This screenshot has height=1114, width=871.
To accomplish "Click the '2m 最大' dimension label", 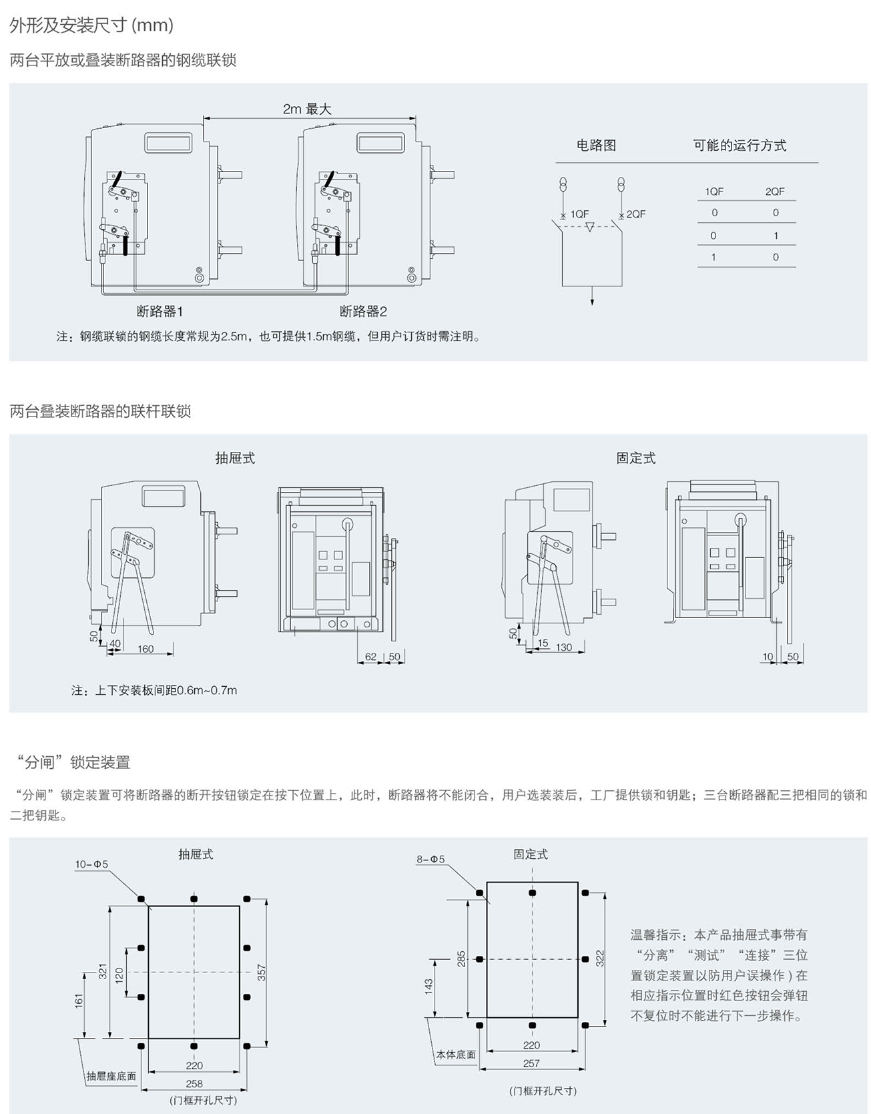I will click(307, 109).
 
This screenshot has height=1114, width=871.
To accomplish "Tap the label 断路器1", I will click(160, 311).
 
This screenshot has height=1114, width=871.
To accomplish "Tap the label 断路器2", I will click(363, 311).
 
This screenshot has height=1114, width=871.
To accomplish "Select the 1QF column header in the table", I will click(714, 192).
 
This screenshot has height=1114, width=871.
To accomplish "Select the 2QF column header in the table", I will click(775, 192).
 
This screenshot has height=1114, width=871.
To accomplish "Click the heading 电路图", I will click(596, 145).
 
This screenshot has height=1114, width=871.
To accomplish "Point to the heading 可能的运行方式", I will click(740, 145).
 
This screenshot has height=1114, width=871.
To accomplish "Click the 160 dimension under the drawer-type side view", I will click(146, 649).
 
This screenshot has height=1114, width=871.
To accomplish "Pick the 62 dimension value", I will click(371, 657).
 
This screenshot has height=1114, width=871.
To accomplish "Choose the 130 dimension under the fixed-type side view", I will click(564, 647).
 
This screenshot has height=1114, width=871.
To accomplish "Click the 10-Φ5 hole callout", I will click(91, 864).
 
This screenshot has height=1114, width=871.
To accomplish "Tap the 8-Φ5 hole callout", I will click(430, 860).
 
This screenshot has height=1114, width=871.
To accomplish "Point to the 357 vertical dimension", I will click(262, 972).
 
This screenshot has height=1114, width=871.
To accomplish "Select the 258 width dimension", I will click(194, 1083).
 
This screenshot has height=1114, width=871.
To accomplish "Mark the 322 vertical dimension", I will click(600, 958).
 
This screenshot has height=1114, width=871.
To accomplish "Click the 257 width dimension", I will click(531, 1063).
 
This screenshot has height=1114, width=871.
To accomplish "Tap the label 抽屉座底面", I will click(111, 1076).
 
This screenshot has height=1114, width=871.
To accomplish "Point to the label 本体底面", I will click(456, 1055).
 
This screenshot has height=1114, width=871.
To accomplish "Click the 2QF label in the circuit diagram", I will click(636, 214).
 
